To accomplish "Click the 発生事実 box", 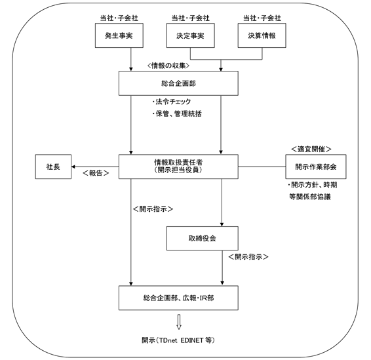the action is (119, 35).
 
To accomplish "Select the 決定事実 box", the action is (191, 35).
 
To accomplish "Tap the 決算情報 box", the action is (262, 35).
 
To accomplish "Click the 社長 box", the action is (53, 167).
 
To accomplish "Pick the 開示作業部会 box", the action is (316, 167).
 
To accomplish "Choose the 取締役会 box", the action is (203, 238).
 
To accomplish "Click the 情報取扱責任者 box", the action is (178, 167).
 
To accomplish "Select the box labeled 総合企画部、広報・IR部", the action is (178, 298).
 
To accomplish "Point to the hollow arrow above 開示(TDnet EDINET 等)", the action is (179, 322).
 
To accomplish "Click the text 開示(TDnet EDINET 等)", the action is (178, 340).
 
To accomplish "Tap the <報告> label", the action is (96, 173).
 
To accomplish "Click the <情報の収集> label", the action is (168, 66).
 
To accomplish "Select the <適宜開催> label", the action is (311, 149).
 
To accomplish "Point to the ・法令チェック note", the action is (172, 102).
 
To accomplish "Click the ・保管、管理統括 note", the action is (177, 114).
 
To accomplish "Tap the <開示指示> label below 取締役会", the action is (248, 257).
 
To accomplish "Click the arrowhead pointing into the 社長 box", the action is (73, 167).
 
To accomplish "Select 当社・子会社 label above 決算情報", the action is (262, 18).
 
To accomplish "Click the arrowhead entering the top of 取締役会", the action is (222, 224).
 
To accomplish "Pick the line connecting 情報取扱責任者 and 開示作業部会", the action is (262, 167).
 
